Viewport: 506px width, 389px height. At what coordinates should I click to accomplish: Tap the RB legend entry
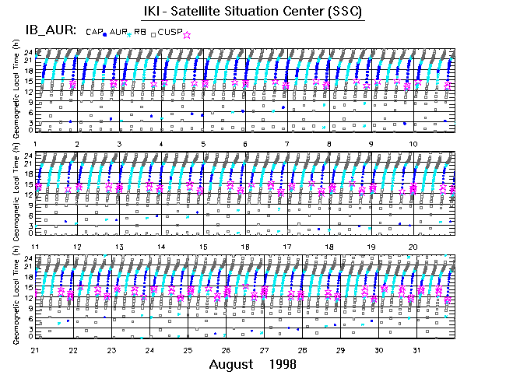tap(139, 32)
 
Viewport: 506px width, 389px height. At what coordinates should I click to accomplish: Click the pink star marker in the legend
tap(187, 34)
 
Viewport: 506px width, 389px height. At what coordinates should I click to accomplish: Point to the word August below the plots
tap(231, 364)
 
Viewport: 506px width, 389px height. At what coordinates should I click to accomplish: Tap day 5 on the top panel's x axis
tap(203, 144)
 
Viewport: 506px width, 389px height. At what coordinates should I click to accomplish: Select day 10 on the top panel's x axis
tap(413, 144)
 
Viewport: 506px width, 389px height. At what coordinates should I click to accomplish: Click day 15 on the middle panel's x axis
tap(203, 247)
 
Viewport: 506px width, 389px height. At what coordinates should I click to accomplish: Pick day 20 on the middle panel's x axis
tap(413, 247)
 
